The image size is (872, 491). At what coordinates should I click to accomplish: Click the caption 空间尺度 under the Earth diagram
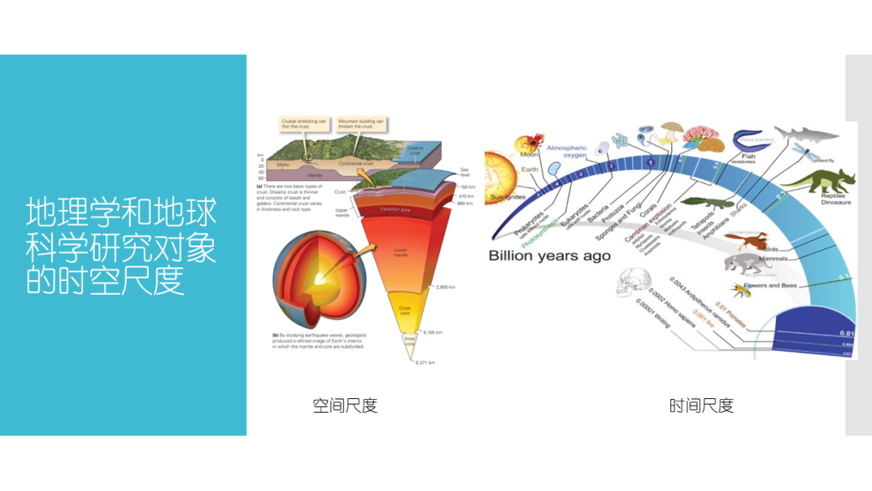(345, 405)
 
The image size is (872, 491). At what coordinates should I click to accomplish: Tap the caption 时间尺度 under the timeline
(701, 405)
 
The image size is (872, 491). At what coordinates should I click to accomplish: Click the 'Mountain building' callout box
(361, 124)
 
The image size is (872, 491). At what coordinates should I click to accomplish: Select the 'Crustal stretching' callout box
(304, 124)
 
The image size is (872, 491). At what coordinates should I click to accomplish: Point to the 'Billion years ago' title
(549, 256)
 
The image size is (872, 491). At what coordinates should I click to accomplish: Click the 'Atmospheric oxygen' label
(568, 152)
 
